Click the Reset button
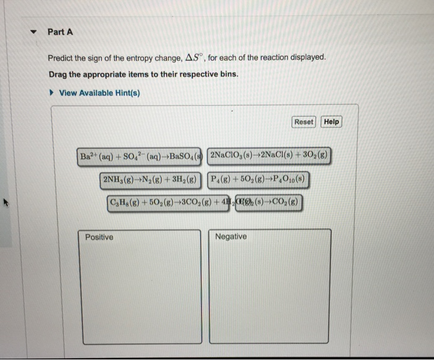[303, 122]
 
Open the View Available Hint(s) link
[99, 93]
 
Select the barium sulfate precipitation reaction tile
[141, 156]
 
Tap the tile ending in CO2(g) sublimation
[269, 203]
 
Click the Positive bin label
[99, 237]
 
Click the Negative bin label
[231, 237]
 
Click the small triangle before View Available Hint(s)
[52, 93]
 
